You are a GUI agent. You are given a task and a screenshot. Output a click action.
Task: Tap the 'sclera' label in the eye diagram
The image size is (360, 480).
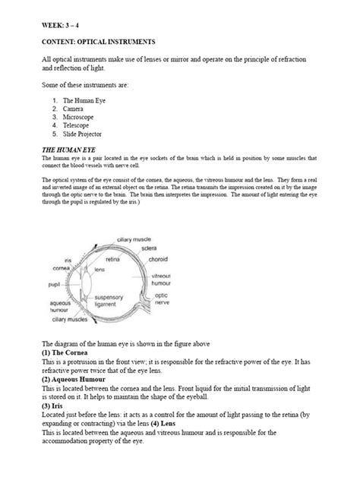tap(182, 249)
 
